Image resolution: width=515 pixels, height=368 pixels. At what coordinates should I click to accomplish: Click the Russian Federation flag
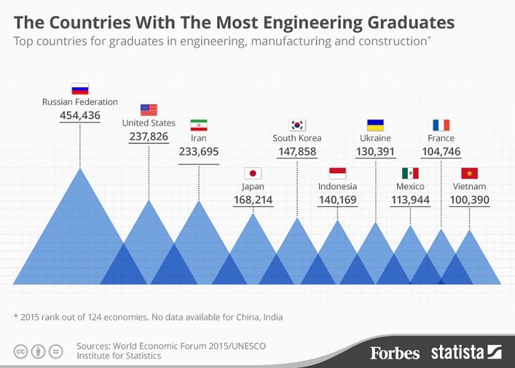tap(79, 89)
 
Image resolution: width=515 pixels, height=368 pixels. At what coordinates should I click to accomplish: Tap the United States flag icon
tap(149, 110)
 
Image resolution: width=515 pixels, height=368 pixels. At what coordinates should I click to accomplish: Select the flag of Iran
tap(198, 125)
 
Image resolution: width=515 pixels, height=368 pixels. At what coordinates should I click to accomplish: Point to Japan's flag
tap(252, 173)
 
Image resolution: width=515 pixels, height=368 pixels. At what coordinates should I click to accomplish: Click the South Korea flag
tap(297, 125)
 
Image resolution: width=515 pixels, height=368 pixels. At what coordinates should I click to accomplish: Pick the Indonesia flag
tap(337, 173)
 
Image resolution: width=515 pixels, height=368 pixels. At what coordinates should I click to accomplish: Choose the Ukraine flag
tap(375, 125)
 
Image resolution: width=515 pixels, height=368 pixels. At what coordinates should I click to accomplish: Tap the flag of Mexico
tap(410, 173)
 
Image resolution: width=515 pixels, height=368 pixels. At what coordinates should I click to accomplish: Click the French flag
tap(441, 125)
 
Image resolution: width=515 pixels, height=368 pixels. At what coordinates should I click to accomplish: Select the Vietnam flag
tap(469, 173)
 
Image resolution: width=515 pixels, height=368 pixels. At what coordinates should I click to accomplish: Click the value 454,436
tap(79, 116)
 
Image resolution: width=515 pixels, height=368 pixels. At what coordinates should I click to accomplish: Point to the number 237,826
tap(149, 136)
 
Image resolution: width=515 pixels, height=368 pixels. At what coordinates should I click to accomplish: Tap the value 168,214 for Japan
tap(252, 200)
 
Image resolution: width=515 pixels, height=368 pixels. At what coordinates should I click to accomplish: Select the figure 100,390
tap(469, 200)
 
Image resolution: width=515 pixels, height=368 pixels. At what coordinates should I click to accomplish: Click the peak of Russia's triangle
tap(79, 169)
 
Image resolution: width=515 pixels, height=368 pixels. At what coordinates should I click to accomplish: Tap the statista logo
tap(466, 352)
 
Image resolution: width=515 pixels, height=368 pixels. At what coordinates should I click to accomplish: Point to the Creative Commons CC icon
tap(21, 351)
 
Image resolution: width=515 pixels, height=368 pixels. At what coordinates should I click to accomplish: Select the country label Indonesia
tap(337, 187)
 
